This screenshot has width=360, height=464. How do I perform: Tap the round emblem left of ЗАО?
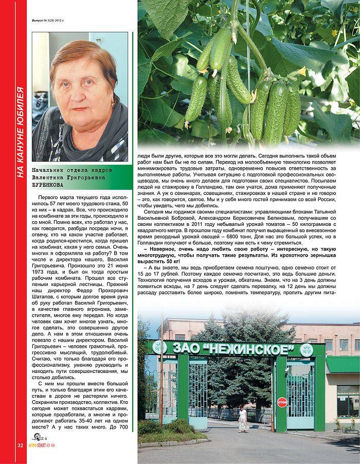[x=160, y=347]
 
